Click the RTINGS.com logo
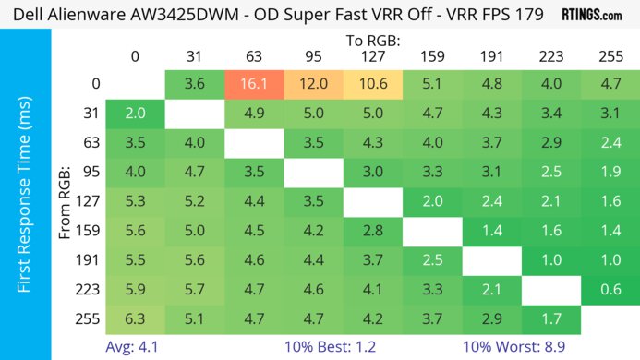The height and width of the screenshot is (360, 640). (x=591, y=14)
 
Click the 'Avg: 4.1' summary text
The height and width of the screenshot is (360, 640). (x=133, y=347)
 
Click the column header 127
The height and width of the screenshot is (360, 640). (x=372, y=56)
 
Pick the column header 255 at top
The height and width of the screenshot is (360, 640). (x=610, y=56)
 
